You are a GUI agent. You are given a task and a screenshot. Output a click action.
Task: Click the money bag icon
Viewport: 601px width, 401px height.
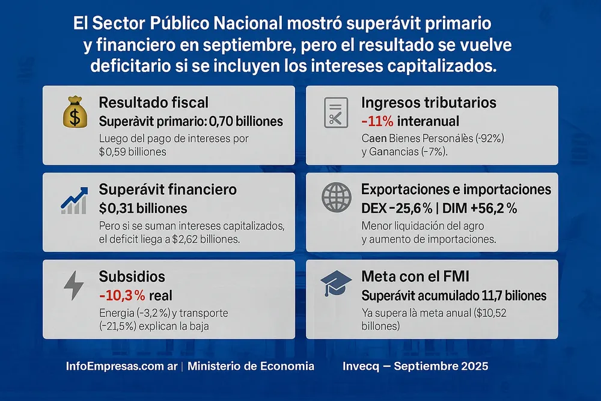pyautogui.click(x=75, y=114)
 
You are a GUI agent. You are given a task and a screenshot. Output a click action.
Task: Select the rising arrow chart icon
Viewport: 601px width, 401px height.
pyautogui.click(x=75, y=200)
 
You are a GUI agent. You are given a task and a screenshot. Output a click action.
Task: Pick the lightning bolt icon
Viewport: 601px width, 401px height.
pyautogui.click(x=74, y=286)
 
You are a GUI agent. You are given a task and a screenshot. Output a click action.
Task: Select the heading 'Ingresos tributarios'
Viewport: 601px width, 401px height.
pyautogui.click(x=429, y=103)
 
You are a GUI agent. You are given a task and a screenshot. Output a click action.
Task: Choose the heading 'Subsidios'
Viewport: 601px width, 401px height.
pyautogui.click(x=132, y=277)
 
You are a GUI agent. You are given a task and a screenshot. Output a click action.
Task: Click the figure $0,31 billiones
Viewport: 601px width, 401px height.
pyautogui.click(x=143, y=209)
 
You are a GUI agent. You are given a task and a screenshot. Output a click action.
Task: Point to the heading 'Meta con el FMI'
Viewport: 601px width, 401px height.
pyautogui.click(x=415, y=277)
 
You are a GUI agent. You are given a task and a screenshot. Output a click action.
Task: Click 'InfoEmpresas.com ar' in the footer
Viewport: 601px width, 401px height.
pyautogui.click(x=121, y=366)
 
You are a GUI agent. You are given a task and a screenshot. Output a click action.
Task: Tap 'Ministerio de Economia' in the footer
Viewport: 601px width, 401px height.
pyautogui.click(x=251, y=366)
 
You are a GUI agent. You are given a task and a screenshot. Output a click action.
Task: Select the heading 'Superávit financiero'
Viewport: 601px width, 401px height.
pyautogui.click(x=168, y=189)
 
